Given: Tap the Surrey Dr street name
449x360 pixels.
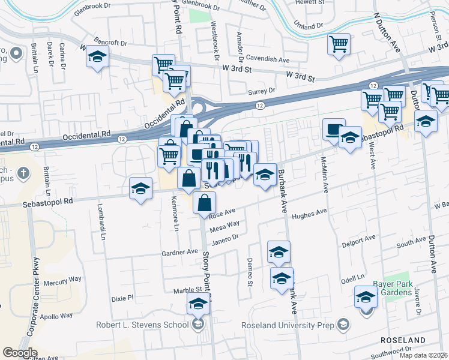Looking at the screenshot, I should tap(262, 91).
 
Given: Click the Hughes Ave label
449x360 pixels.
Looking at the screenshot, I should tap(309, 212).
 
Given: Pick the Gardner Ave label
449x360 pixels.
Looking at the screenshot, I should tap(179, 253).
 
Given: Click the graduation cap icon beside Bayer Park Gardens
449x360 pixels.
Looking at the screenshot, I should tap(366, 297).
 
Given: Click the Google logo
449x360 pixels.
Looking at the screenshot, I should tap(20, 352).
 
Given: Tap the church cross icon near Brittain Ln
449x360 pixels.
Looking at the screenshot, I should tap(23, 173).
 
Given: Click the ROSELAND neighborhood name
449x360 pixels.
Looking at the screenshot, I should tap(403, 340).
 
